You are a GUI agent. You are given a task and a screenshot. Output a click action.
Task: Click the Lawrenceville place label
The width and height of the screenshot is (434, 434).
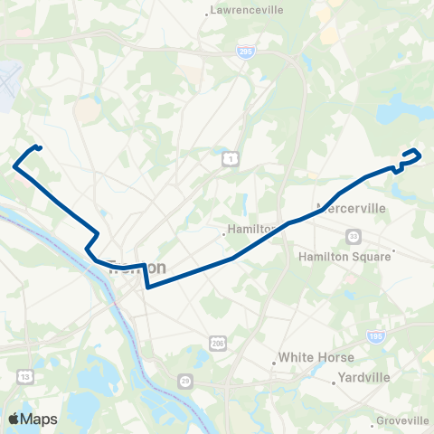247,10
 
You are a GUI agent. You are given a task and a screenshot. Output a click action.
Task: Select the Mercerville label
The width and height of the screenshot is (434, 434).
352,208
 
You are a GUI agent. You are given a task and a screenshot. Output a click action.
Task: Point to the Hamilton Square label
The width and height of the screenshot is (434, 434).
344,256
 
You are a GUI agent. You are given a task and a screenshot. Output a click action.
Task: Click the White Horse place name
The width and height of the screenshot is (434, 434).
316,357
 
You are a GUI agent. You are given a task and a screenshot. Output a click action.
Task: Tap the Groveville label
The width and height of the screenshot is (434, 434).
404,420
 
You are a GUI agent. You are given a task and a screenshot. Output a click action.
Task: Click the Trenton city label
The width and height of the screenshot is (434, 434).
137,268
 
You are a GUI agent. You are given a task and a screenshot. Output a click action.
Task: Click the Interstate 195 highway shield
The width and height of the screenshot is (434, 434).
375,335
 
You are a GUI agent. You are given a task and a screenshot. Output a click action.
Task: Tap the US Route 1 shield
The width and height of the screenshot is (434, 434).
230,159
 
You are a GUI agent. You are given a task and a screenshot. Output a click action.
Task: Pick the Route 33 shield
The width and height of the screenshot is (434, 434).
353,236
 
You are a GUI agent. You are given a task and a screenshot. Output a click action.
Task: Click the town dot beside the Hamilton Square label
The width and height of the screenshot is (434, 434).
395,251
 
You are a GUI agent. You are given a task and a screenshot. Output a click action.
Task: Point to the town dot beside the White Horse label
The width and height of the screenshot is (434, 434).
275,364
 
